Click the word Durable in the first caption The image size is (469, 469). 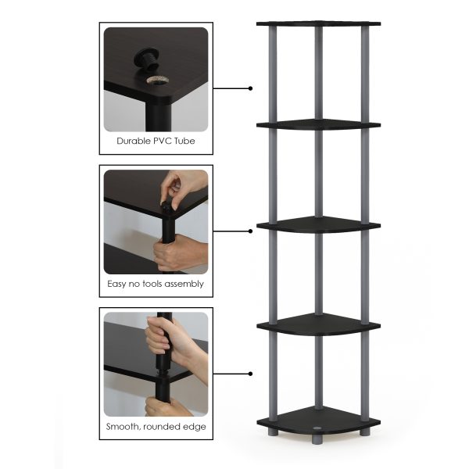[134, 141]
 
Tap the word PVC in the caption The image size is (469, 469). [166, 141]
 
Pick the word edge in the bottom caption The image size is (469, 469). [193, 428]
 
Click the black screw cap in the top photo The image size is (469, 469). [146, 57]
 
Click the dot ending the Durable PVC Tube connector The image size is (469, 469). [250, 88]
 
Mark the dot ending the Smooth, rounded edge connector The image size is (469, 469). [250, 374]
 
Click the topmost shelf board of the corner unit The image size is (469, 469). [318, 23]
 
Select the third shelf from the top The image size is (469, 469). [318, 224]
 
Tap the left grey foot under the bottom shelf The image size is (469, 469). [272, 431]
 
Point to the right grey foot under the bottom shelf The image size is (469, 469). [364, 431]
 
